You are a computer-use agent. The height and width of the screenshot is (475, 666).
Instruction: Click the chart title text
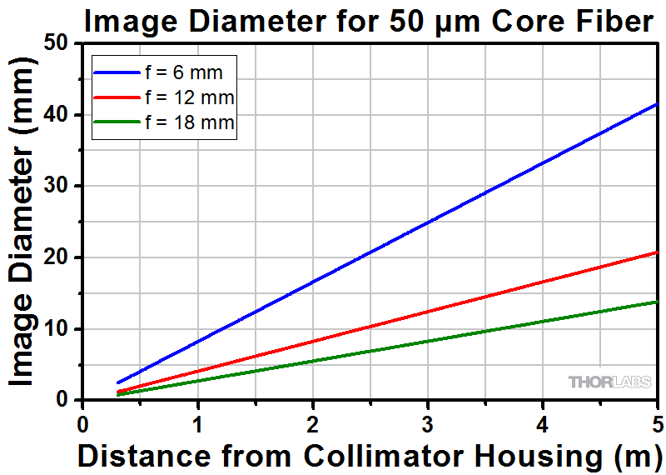pyautogui.click(x=369, y=21)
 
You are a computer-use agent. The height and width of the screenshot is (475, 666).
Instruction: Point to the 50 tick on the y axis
pyautogui.click(x=58, y=43)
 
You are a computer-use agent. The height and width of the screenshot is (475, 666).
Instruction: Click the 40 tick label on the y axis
pyautogui.click(x=58, y=115)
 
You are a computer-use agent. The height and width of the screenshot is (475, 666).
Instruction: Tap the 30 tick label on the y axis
pyautogui.click(x=58, y=187)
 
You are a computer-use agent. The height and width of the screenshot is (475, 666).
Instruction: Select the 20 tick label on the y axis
pyautogui.click(x=58, y=257)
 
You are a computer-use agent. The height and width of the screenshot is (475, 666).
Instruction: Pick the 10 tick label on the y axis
pyautogui.click(x=58, y=329)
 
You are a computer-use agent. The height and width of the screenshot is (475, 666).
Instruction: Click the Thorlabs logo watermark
pyautogui.click(x=610, y=382)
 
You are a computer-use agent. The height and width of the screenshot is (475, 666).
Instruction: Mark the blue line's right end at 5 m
pyautogui.click(x=657, y=104)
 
